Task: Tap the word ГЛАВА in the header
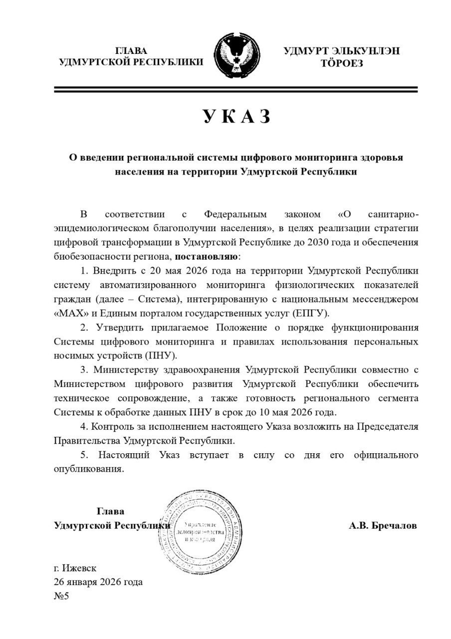(x=132, y=51)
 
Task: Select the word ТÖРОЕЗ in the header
(x=342, y=63)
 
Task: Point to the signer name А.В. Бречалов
(x=383, y=526)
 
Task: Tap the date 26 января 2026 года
(x=98, y=582)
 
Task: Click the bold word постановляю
(x=207, y=257)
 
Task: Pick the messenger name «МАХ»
(x=69, y=313)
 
